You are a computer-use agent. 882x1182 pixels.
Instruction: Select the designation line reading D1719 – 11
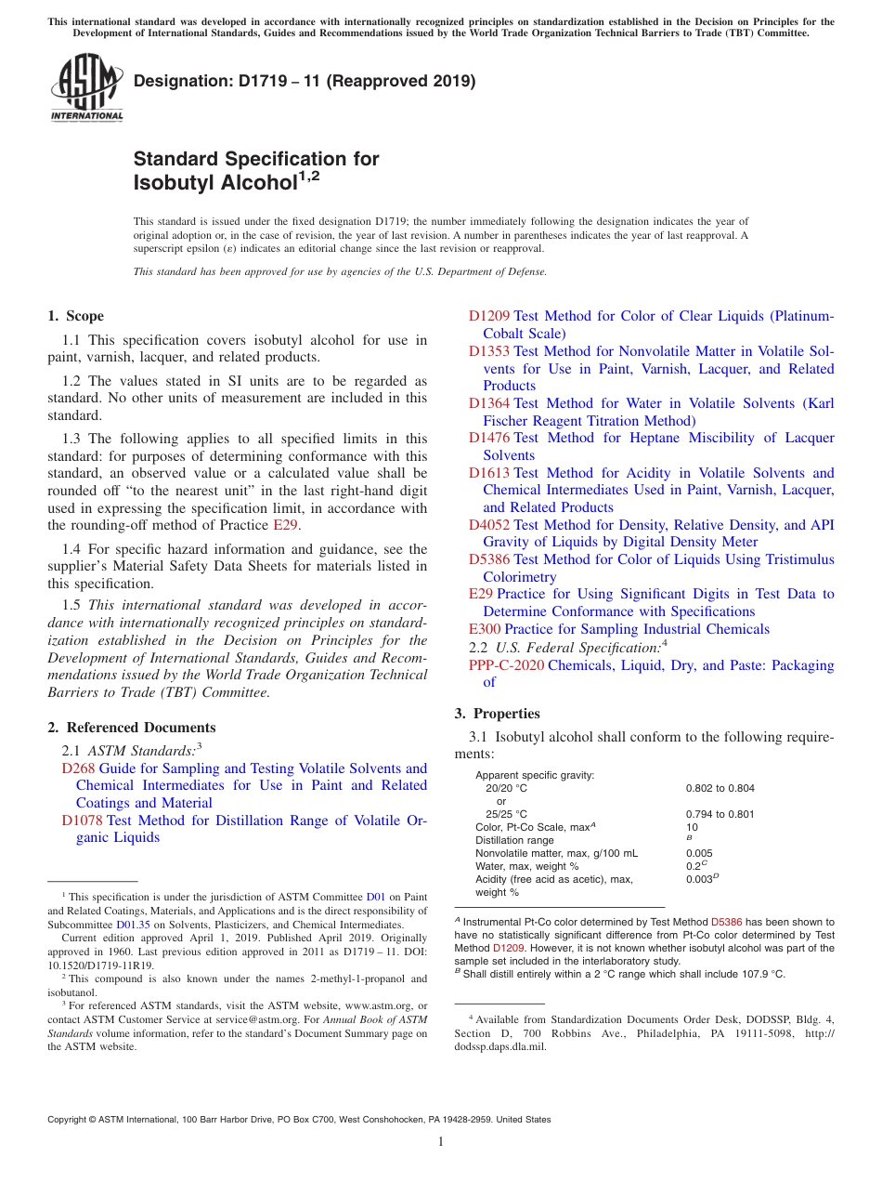305,81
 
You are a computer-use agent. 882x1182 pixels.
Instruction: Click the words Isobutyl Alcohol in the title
214,183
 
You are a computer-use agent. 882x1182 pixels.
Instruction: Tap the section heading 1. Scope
76,316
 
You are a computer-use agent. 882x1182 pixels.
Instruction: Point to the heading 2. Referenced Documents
132,728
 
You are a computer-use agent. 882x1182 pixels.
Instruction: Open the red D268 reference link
78,768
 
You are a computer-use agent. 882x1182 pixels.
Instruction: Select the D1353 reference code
488,351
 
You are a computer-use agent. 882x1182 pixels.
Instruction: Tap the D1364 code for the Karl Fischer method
488,403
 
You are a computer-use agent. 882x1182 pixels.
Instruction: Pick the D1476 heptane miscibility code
488,438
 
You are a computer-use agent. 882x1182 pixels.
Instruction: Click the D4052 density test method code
488,525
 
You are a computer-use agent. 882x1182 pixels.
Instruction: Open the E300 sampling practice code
485,629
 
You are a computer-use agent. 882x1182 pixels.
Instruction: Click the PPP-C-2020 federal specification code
506,665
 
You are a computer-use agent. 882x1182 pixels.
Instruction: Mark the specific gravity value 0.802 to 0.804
720,788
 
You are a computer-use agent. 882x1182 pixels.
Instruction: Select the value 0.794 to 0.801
720,814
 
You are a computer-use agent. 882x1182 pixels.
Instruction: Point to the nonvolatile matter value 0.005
699,853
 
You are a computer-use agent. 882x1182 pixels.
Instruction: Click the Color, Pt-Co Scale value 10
692,827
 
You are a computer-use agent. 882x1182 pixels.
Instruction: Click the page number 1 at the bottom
441,1142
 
